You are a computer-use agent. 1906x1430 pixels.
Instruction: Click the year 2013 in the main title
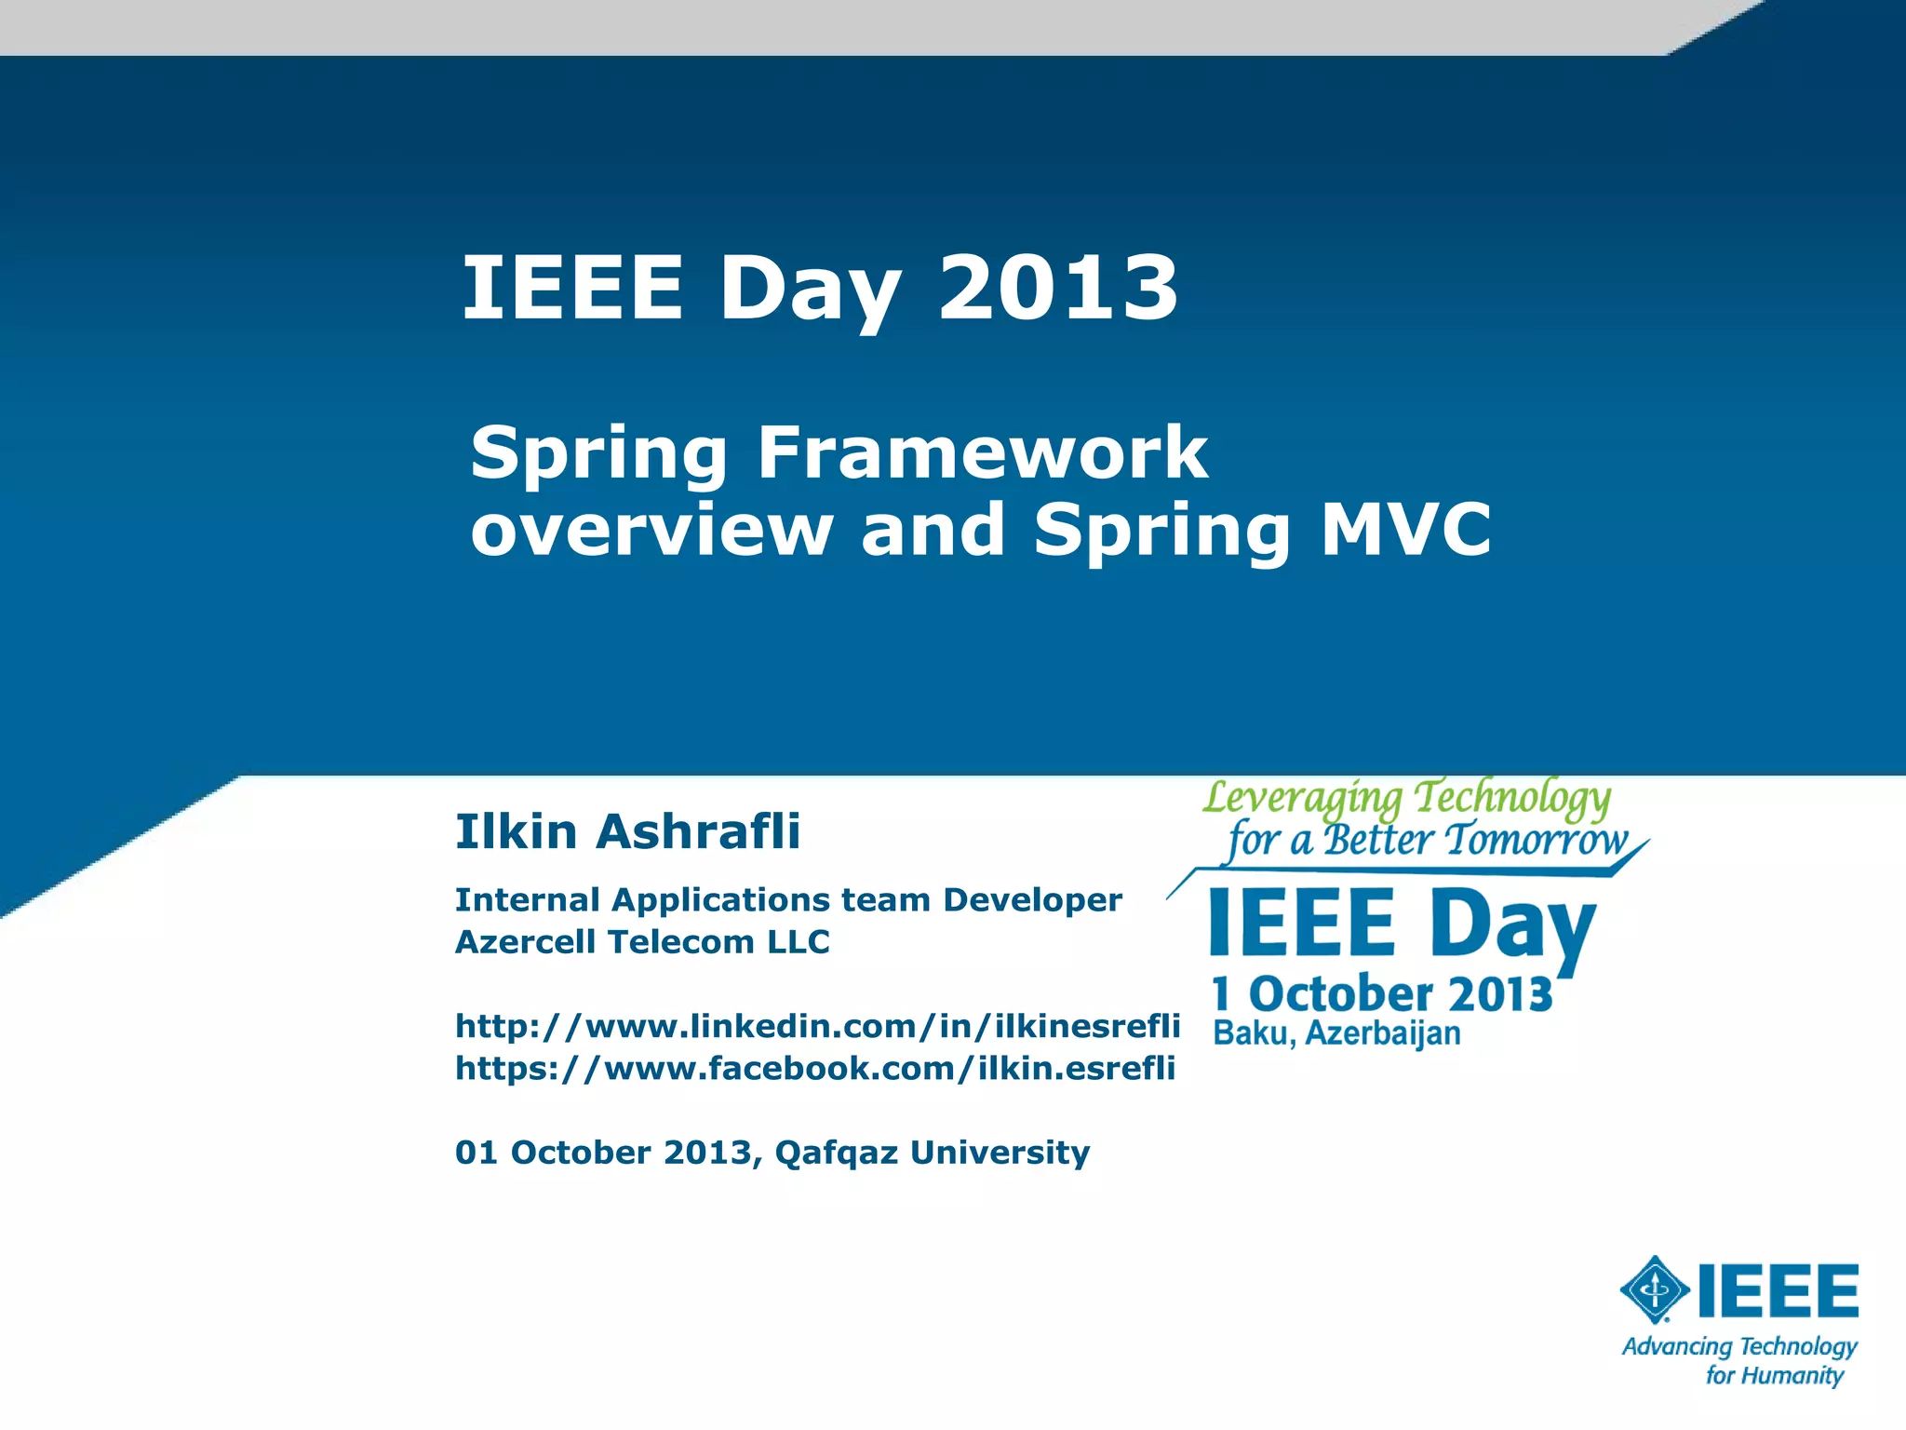point(1058,289)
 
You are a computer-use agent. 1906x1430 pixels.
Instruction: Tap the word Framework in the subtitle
point(982,452)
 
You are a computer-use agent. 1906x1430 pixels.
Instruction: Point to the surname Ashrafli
point(698,831)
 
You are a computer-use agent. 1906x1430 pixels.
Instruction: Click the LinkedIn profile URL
point(817,1026)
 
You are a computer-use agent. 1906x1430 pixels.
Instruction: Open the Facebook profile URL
point(815,1068)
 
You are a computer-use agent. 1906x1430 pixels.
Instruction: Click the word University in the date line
point(1000,1153)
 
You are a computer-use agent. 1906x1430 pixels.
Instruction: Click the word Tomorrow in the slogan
point(1537,840)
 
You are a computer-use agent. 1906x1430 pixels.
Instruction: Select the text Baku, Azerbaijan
point(1336,1033)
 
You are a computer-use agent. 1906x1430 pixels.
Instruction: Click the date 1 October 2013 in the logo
point(1382,993)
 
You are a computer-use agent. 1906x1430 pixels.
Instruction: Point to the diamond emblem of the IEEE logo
point(1655,1289)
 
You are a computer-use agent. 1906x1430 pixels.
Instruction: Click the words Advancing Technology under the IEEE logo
point(1739,1346)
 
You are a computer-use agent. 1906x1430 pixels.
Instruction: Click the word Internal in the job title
point(527,900)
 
